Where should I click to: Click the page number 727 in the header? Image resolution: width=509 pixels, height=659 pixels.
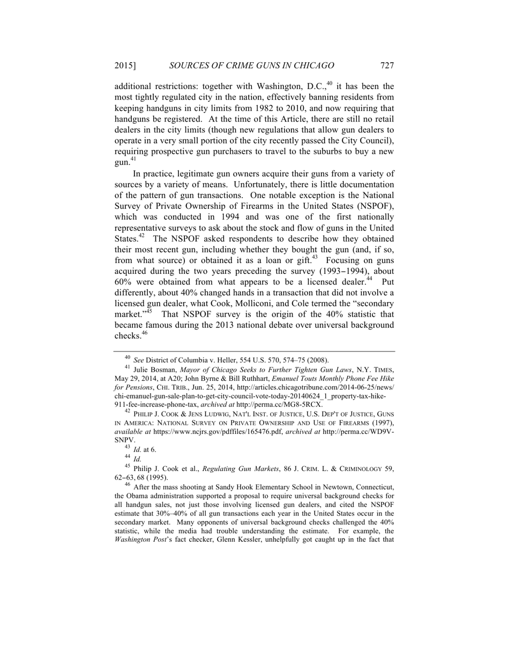click(x=387, y=66)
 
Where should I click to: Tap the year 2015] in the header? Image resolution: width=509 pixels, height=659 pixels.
click(x=125, y=66)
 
